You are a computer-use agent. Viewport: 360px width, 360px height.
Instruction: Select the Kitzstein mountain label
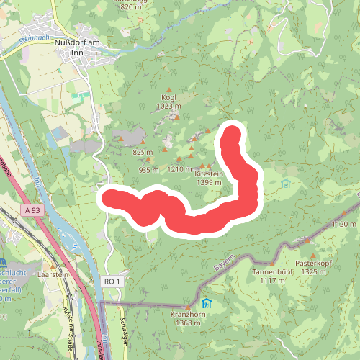[x=209, y=174]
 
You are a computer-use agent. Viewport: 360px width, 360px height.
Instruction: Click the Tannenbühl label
[x=269, y=272]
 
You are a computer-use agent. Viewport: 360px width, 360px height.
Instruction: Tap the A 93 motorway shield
[x=30, y=210]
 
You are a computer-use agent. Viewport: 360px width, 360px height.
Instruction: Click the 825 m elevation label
[x=143, y=152]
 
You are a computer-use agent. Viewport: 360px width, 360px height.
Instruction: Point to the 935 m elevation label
[x=148, y=170]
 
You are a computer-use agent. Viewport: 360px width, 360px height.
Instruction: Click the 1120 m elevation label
[x=343, y=225]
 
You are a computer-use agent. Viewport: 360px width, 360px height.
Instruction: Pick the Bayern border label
[x=224, y=264]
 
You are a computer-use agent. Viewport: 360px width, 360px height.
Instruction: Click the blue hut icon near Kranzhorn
[x=207, y=302]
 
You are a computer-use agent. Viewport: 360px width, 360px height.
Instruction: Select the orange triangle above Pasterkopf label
[x=313, y=254]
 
